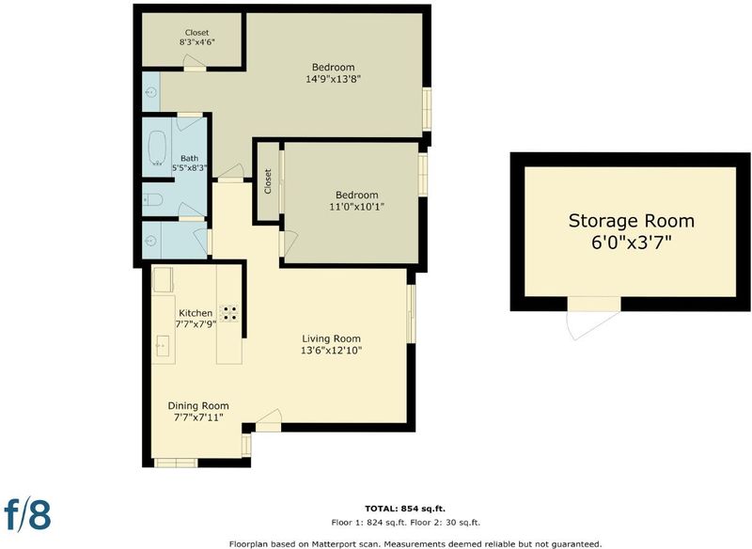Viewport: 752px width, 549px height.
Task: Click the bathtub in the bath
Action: pos(157,148)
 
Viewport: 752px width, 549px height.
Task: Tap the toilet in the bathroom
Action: pos(153,199)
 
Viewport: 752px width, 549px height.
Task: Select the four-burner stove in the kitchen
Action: pos(228,313)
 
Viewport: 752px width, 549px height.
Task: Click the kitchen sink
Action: pos(163,346)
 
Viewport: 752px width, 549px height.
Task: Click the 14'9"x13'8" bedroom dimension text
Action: pos(334,79)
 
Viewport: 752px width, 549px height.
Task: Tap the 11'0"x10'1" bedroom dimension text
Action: pos(357,207)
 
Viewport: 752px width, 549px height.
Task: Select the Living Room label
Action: pos(332,338)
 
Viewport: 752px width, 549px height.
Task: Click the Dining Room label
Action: pos(198,405)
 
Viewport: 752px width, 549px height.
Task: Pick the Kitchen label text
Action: pos(196,313)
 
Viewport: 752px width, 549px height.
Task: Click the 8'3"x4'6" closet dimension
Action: pos(196,41)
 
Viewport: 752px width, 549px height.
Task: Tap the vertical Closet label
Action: pos(268,181)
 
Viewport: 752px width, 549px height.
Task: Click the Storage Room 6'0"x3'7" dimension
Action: pos(631,243)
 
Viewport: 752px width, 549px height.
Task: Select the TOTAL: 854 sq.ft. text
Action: pos(408,509)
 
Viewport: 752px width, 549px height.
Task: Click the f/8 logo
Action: pos(27,514)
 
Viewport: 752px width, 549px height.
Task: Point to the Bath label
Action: pos(190,158)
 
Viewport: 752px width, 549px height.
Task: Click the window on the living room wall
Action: pos(411,314)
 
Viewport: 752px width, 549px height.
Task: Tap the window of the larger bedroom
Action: pos(427,108)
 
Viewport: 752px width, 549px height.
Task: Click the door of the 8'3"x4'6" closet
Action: pos(195,63)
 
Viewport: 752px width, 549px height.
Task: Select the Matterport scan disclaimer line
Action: pos(415,544)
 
